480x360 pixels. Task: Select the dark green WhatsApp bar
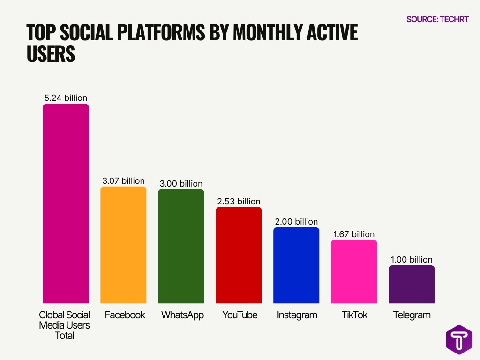pyautogui.click(x=181, y=246)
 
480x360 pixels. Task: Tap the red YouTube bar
pyautogui.click(x=239, y=255)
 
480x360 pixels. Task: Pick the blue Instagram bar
pyautogui.click(x=296, y=265)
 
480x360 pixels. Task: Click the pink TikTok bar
pyautogui.click(x=354, y=271)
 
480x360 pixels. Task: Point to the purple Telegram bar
pyautogui.click(x=412, y=284)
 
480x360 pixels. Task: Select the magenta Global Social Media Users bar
pyautogui.click(x=66, y=203)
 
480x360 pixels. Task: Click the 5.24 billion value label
pyautogui.click(x=66, y=98)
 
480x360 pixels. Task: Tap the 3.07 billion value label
pyautogui.click(x=124, y=180)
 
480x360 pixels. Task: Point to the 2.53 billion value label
pyautogui.click(x=239, y=202)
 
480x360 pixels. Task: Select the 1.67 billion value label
pyautogui.click(x=354, y=234)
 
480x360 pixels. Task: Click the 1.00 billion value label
pyautogui.click(x=412, y=260)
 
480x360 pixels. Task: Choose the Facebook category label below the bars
pyautogui.click(x=125, y=315)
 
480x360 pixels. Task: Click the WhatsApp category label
pyautogui.click(x=182, y=315)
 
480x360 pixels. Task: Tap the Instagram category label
pyautogui.click(x=297, y=315)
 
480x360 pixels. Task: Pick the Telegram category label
pyautogui.click(x=412, y=315)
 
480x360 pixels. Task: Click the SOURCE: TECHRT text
pyautogui.click(x=437, y=19)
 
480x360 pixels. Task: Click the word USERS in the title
pyautogui.click(x=51, y=54)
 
